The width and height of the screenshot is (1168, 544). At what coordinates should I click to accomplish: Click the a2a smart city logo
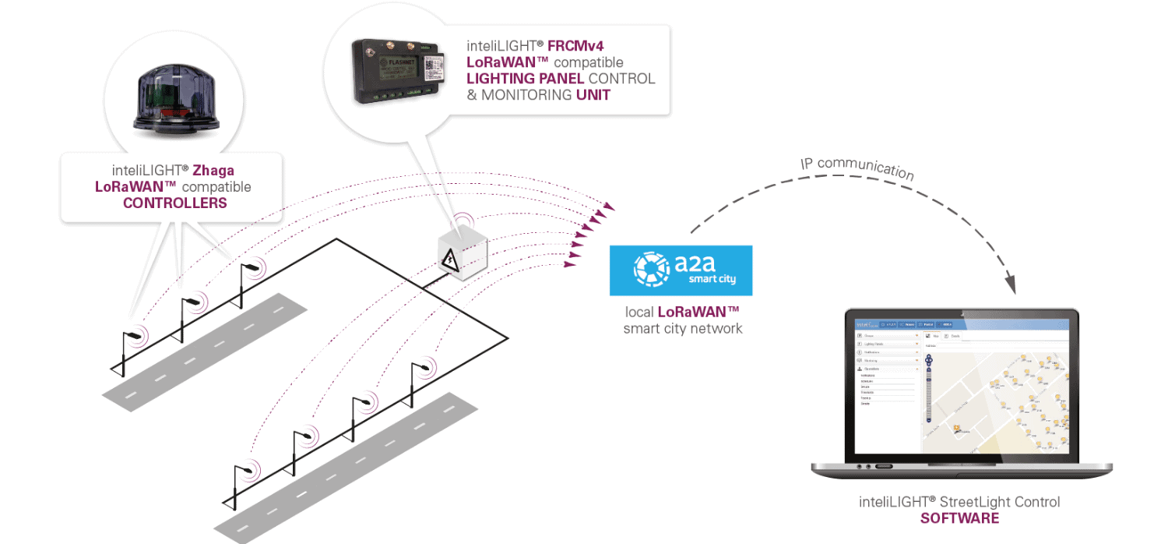coord(681,270)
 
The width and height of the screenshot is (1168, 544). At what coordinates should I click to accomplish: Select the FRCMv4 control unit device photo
coord(398,72)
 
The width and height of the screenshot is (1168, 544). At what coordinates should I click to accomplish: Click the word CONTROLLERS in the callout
coord(175,203)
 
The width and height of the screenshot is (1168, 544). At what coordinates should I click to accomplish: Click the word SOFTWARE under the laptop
coord(959,518)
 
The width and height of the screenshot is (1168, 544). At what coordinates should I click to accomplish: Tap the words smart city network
coord(682,329)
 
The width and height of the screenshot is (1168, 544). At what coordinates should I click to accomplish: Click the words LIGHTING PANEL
coord(526,79)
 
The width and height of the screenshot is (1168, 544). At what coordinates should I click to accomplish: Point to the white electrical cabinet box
coord(461,253)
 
